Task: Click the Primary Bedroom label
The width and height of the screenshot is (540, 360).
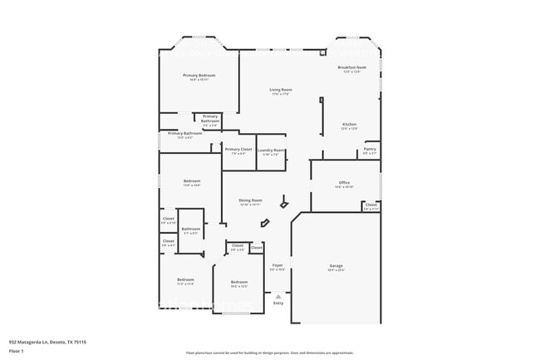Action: pyautogui.click(x=199, y=75)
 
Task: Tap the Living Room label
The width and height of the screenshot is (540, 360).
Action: pyautogui.click(x=280, y=90)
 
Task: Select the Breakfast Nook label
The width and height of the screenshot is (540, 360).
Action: pyautogui.click(x=351, y=67)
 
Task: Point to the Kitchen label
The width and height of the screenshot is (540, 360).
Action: pyautogui.click(x=349, y=125)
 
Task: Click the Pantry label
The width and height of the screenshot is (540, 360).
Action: pyautogui.click(x=370, y=149)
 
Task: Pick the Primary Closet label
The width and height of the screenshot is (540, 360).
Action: pyautogui.click(x=238, y=149)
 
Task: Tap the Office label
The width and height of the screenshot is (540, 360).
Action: pyautogui.click(x=344, y=182)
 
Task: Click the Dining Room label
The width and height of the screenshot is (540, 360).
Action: pyautogui.click(x=251, y=200)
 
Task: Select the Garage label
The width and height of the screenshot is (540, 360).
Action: pyautogui.click(x=336, y=265)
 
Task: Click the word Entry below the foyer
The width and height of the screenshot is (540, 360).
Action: pyautogui.click(x=278, y=303)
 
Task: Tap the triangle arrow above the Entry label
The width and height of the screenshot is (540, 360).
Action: pyautogui.click(x=278, y=296)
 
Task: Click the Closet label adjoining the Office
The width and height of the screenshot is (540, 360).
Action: pyautogui.click(x=371, y=205)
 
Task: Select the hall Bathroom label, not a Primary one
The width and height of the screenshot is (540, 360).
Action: pyautogui.click(x=191, y=229)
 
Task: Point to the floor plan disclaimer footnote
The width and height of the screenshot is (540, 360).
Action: pyautogui.click(x=269, y=353)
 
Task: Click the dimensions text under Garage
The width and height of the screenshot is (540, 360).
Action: pyautogui.click(x=336, y=270)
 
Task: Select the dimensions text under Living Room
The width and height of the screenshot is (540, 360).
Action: pyautogui.click(x=280, y=94)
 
